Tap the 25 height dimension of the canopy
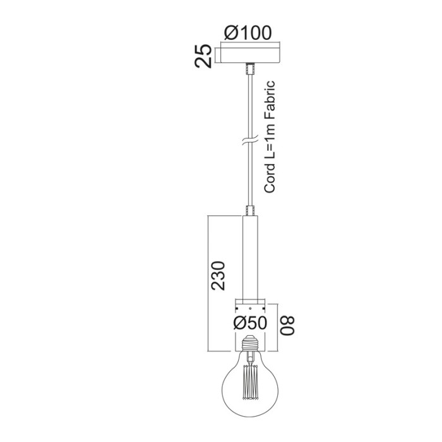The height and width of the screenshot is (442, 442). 202,56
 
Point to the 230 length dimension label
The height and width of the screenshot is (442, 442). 217,275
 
